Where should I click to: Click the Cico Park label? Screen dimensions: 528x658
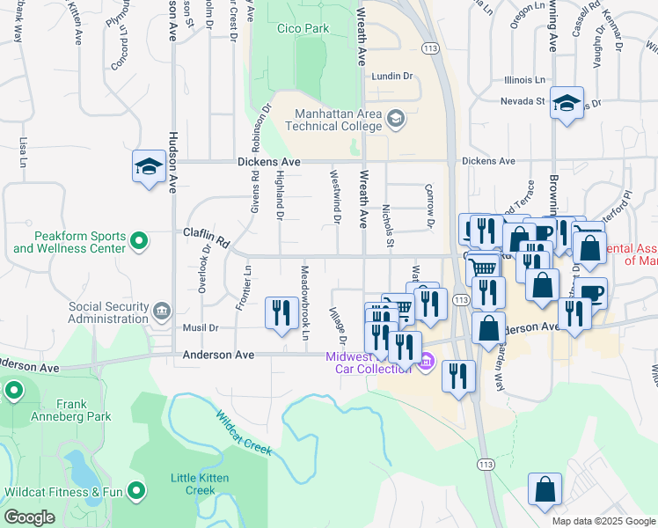point(303,28)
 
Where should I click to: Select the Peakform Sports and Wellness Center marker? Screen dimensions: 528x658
point(138,240)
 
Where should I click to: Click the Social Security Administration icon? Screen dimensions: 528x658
point(162,311)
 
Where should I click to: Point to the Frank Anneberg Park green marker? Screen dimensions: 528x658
point(13,390)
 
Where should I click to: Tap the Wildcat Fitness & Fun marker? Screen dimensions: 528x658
point(136,490)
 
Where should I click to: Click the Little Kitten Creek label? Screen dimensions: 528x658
point(200,484)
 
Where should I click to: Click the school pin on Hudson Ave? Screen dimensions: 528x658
point(149,166)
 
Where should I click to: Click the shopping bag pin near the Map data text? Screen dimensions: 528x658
point(545,489)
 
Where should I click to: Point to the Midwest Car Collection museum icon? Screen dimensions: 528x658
point(427,359)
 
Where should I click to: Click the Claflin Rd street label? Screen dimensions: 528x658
point(206,236)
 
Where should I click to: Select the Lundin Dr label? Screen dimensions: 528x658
point(391,77)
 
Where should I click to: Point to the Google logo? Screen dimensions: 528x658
point(29,517)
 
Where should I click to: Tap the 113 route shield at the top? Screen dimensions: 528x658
point(430,48)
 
